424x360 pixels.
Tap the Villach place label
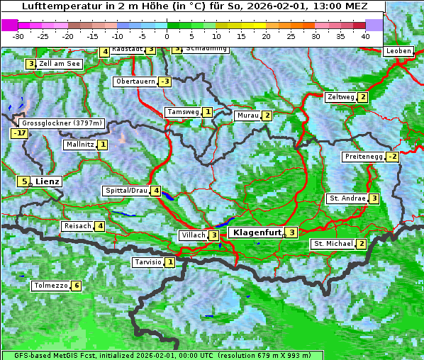[x=192, y=235]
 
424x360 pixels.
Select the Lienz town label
[x=48, y=181]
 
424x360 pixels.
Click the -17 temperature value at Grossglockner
[x=19, y=133]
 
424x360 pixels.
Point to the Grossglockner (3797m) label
[x=63, y=123]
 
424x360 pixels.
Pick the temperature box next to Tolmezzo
[x=76, y=286]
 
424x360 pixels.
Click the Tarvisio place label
[x=147, y=263]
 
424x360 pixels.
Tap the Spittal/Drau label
[x=126, y=191]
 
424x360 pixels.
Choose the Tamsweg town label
[x=182, y=112]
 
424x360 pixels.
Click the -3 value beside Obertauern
[x=164, y=81]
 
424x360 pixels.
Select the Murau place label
[x=247, y=116]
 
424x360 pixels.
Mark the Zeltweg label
[x=340, y=97]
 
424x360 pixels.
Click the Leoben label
[x=398, y=51]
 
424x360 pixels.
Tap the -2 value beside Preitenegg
[x=391, y=157]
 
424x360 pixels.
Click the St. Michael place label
[x=333, y=244]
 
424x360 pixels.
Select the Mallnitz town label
[x=79, y=145]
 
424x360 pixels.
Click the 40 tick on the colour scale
[x=365, y=36]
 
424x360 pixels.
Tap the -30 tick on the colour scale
[x=18, y=36]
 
